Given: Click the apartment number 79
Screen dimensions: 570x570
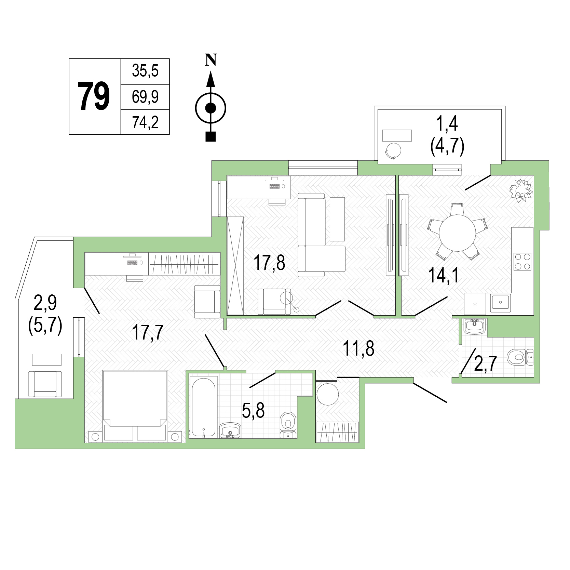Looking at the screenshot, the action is click(94, 97).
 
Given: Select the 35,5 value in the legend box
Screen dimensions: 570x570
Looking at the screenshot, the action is click(145, 71).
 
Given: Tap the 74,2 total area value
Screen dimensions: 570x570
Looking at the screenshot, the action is click(145, 122).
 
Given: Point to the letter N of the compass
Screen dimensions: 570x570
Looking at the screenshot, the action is click(211, 60).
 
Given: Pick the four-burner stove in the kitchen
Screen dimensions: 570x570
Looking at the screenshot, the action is click(522, 262).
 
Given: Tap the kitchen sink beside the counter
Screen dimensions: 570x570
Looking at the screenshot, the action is click(500, 303).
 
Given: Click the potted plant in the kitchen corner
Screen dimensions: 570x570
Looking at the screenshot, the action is click(521, 191).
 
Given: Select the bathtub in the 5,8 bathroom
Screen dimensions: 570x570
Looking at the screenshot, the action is click(203, 407).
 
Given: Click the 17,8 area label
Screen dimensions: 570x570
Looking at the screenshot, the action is click(269, 263).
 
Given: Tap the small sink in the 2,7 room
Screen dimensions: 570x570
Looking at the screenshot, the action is click(475, 327).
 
